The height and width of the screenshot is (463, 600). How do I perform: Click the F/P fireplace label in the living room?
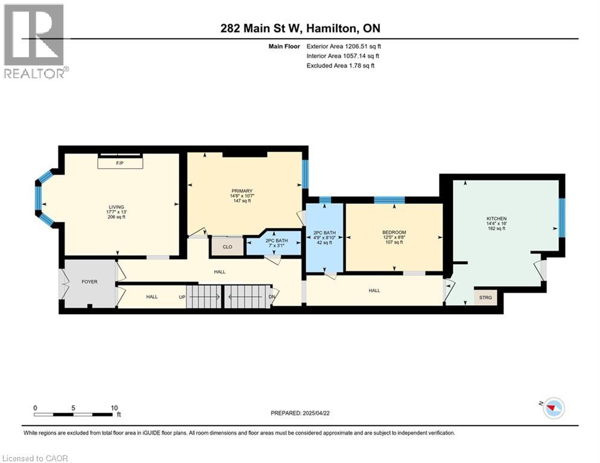click(x=120, y=163)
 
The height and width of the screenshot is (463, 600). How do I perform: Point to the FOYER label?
click(x=89, y=282)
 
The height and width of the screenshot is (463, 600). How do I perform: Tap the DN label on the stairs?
click(x=271, y=297)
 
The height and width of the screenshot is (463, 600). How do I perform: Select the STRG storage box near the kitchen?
click(x=486, y=297)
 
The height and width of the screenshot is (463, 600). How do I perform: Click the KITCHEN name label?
click(x=497, y=218)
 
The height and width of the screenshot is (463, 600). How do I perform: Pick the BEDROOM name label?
click(x=394, y=233)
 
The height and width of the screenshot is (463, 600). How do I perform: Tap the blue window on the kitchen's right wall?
click(x=561, y=217)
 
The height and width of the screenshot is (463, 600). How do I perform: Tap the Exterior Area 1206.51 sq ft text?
click(x=344, y=46)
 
